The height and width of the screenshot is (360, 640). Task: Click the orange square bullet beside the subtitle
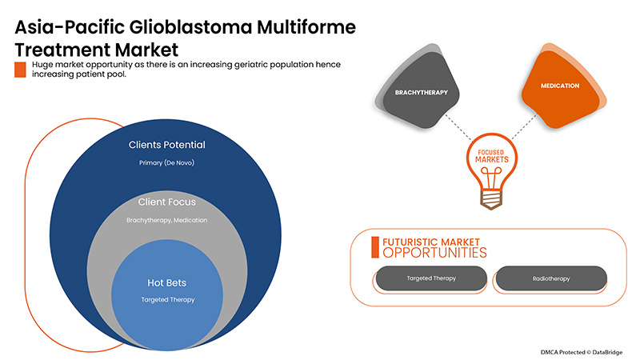20,70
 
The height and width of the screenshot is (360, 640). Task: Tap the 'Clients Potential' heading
167,146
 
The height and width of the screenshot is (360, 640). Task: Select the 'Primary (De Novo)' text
167,163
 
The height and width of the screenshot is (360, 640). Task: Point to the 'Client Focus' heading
167,202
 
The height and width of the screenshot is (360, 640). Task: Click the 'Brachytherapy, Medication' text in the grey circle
167,219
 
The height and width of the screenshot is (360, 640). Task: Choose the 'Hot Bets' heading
167,282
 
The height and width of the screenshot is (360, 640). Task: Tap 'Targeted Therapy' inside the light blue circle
167,299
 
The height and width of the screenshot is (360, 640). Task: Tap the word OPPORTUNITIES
434,253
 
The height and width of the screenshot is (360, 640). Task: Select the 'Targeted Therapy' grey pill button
430,278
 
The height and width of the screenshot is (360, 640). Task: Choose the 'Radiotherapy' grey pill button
551,278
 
